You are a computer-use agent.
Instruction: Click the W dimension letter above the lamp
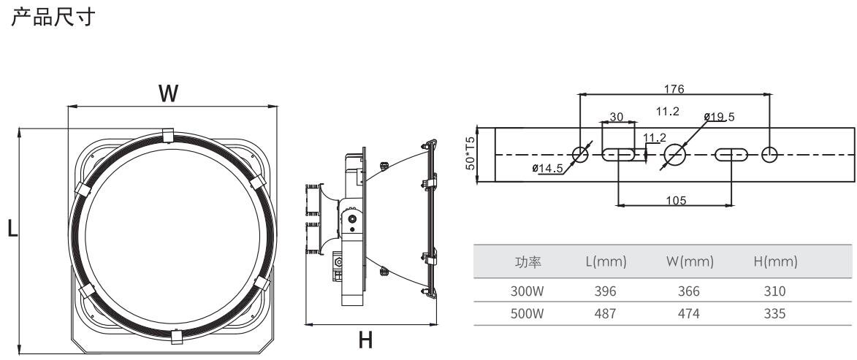coord(169,93)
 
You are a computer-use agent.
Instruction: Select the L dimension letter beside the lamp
coord(11,229)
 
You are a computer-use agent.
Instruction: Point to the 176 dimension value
coord(674,89)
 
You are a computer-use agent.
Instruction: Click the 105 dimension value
coord(676,201)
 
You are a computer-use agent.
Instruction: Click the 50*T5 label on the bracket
coord(471,153)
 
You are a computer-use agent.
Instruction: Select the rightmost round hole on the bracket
coord(769,154)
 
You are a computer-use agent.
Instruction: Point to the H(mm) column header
coord(774,261)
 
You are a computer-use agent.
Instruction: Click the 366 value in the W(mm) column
coord(688,291)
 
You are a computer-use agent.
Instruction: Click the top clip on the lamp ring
coord(167,135)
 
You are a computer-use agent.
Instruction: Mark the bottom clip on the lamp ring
coord(175,337)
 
